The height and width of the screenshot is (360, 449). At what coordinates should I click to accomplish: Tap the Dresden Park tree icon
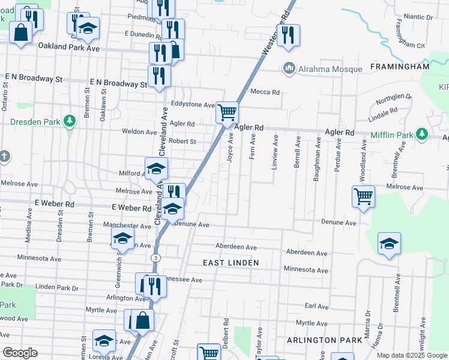coord(70,121)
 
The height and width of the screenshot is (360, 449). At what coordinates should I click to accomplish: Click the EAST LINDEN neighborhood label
coord(231,263)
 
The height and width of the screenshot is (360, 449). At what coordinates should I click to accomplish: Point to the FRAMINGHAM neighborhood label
coord(400,67)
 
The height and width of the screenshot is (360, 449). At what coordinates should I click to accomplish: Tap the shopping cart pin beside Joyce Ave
coord(227,112)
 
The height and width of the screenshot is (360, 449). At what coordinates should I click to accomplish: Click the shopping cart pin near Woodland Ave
coord(364,196)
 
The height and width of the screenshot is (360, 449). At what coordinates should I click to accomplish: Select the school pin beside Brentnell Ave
coord(389,244)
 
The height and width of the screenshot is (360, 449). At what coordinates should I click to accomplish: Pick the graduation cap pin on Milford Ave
coord(155,169)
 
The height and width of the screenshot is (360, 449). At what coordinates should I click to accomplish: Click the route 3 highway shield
coord(155,257)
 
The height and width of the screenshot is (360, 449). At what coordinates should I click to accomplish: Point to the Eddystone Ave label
coord(192,104)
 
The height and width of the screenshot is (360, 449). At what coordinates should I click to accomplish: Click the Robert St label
coord(182,142)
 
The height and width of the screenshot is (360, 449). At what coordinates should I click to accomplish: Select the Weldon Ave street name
coord(139,131)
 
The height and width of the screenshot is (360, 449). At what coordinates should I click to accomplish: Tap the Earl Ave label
coord(316,307)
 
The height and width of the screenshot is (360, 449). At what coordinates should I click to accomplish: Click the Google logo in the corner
coord(20,353)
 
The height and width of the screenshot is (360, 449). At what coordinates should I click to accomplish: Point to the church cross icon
coord(4,157)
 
